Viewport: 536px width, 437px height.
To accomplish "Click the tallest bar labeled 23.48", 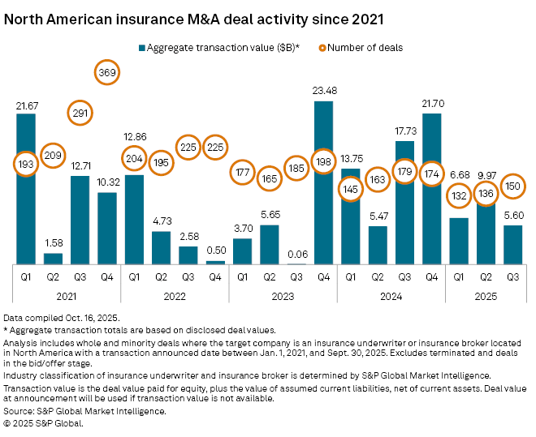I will coord(324,182).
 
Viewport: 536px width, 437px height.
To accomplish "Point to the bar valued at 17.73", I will coord(405,203).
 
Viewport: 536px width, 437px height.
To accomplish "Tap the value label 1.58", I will coord(54,242).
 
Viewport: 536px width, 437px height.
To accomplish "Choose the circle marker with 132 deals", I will coord(460,195).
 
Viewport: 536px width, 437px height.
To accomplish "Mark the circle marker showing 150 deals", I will coord(513,186).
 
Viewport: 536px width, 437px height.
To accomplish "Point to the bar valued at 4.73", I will coord(162,248).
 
